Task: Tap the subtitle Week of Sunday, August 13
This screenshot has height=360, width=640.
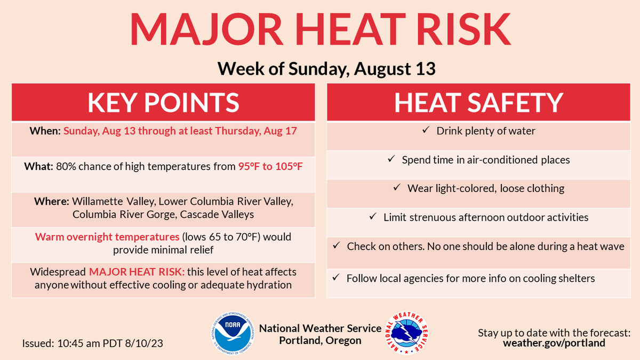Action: [x=326, y=68]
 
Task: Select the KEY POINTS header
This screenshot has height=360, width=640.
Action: [x=163, y=102]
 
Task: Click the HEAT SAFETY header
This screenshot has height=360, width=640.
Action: [x=478, y=102]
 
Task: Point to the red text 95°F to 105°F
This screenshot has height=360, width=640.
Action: [x=270, y=166]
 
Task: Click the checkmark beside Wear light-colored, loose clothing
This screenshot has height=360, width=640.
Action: [x=397, y=188]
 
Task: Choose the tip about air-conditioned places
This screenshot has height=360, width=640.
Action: [x=485, y=159]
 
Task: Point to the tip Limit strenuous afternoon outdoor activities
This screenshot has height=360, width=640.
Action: [x=485, y=217]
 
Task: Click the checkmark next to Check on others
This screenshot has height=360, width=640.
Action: [x=336, y=246]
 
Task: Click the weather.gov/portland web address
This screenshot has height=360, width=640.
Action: [x=554, y=343]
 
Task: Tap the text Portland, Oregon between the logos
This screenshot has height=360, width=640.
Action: [x=320, y=340]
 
